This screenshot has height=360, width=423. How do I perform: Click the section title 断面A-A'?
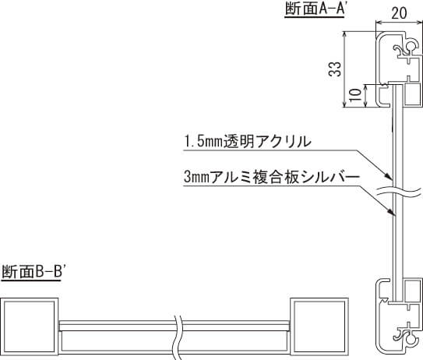point(315,9)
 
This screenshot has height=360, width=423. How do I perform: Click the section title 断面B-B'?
point(32,271)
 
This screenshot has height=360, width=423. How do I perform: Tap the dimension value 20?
point(399,13)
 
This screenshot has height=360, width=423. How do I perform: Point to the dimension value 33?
point(335,69)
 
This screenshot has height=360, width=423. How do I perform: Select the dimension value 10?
point(355,95)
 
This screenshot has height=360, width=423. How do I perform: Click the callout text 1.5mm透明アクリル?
point(248,141)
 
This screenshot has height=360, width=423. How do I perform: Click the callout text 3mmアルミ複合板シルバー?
point(272,177)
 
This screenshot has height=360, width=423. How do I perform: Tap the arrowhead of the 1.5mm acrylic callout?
point(390,178)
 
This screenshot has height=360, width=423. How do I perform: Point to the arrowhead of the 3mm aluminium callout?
point(391,213)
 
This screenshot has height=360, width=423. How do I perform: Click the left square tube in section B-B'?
point(29,326)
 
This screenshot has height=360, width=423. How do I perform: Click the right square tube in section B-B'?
point(319,326)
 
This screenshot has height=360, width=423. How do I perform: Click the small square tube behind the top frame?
point(413,95)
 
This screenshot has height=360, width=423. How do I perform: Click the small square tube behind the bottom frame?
point(413,290)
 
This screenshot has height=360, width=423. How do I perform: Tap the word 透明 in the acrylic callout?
point(238,141)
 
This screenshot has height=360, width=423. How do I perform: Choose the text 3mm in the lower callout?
point(197,178)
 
